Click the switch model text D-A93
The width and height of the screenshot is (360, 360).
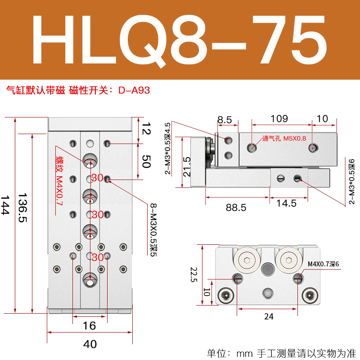(134, 90)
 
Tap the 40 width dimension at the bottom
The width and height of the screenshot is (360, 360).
(90, 344)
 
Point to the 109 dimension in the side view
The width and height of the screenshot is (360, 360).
(279, 119)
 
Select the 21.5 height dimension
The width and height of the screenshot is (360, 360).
(187, 167)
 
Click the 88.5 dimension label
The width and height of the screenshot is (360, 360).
(236, 207)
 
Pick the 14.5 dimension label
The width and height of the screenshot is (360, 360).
(287, 203)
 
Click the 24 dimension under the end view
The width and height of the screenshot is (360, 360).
(268, 316)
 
